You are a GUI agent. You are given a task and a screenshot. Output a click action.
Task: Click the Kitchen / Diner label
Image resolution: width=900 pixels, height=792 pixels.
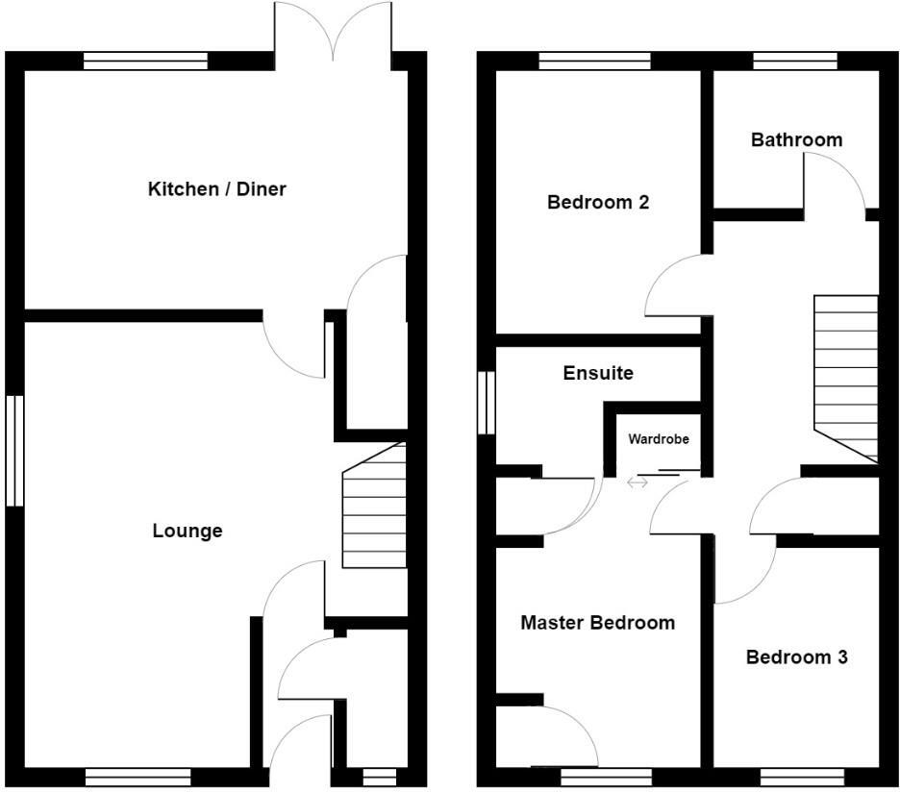[x=216, y=188]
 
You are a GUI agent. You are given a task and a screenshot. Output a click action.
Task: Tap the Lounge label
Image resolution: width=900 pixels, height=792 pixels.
[x=187, y=531]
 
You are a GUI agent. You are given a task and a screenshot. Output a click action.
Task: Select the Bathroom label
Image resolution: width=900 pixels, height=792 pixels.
[x=796, y=139]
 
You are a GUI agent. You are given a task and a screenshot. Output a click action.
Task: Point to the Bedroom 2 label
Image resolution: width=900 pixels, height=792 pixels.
[x=598, y=202]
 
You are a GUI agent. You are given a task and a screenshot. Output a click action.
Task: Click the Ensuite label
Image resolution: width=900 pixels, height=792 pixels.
[x=598, y=373]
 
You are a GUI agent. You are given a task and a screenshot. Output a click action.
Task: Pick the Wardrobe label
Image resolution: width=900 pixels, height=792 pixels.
[x=659, y=439]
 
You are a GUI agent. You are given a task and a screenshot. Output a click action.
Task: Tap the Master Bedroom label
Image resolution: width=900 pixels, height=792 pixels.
[x=597, y=623]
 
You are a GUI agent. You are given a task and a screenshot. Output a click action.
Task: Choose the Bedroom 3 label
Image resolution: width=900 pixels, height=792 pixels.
[x=796, y=657]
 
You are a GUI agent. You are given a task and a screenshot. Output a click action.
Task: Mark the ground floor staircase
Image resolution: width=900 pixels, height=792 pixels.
[x=374, y=507]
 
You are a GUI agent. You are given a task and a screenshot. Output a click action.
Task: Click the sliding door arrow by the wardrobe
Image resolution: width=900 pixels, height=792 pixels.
[x=637, y=483]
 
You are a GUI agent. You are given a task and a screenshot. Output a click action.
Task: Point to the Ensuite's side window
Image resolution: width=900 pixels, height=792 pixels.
[x=487, y=403]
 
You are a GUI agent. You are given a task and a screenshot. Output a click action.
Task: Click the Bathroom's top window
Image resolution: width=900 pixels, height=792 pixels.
[x=794, y=62]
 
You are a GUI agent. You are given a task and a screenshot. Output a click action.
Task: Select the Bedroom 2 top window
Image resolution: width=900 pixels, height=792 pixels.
[x=594, y=62]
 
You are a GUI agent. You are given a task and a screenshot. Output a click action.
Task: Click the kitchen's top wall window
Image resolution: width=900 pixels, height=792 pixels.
[x=145, y=62]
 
